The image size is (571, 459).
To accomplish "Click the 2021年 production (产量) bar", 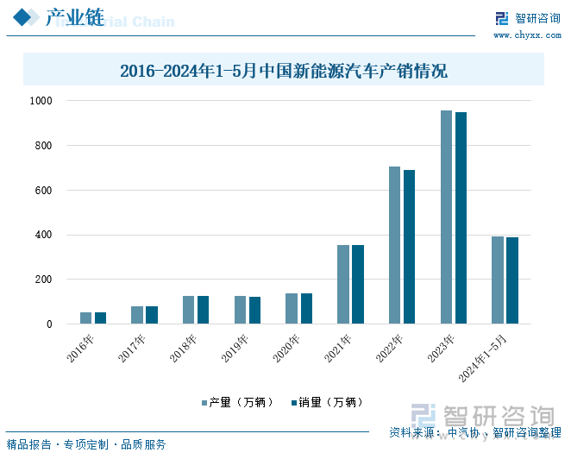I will (x=343, y=285).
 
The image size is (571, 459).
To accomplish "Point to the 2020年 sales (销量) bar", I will (x=306, y=309).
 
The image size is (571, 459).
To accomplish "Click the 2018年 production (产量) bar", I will (x=189, y=310).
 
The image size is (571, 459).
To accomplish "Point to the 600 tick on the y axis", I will (x=43, y=191).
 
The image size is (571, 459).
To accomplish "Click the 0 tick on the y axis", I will (x=49, y=324).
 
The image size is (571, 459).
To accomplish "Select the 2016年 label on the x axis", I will (x=80, y=347).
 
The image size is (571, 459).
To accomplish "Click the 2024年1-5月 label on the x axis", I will (x=484, y=358).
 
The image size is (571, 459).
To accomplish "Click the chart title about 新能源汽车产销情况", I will (x=284, y=71).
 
